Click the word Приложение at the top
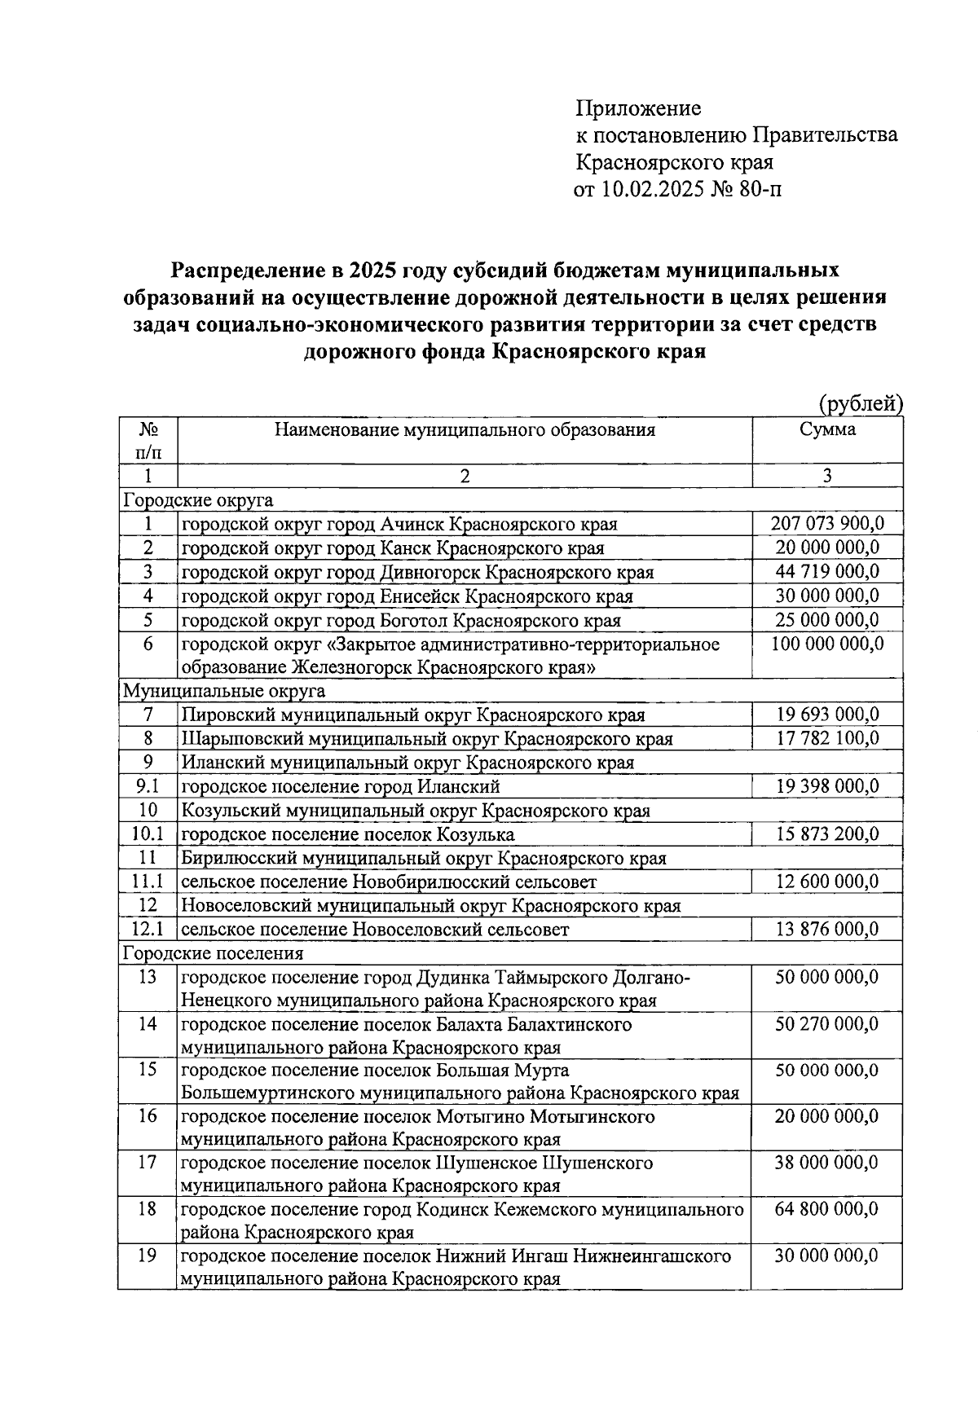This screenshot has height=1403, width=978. [639, 108]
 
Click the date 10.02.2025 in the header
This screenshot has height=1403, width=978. [650, 190]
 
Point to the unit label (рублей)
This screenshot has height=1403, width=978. [860, 403]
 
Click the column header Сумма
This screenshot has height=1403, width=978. [827, 429]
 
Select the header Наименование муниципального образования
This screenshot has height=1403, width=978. [465, 429]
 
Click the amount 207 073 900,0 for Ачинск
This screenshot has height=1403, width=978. [827, 523]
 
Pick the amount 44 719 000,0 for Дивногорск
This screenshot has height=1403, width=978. [827, 571]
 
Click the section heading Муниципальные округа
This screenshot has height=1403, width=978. [224, 691]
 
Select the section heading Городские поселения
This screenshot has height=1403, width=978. [213, 952]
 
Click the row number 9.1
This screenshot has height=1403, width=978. [148, 786]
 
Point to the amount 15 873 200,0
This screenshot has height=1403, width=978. [827, 834]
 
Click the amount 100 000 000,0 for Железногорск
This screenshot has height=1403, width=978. [827, 644]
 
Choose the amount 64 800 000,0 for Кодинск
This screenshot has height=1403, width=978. [827, 1209]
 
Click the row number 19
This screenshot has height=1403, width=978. [148, 1256]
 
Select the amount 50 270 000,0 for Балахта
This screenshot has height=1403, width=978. [827, 1024]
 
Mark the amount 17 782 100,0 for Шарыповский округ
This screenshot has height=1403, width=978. [827, 739]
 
